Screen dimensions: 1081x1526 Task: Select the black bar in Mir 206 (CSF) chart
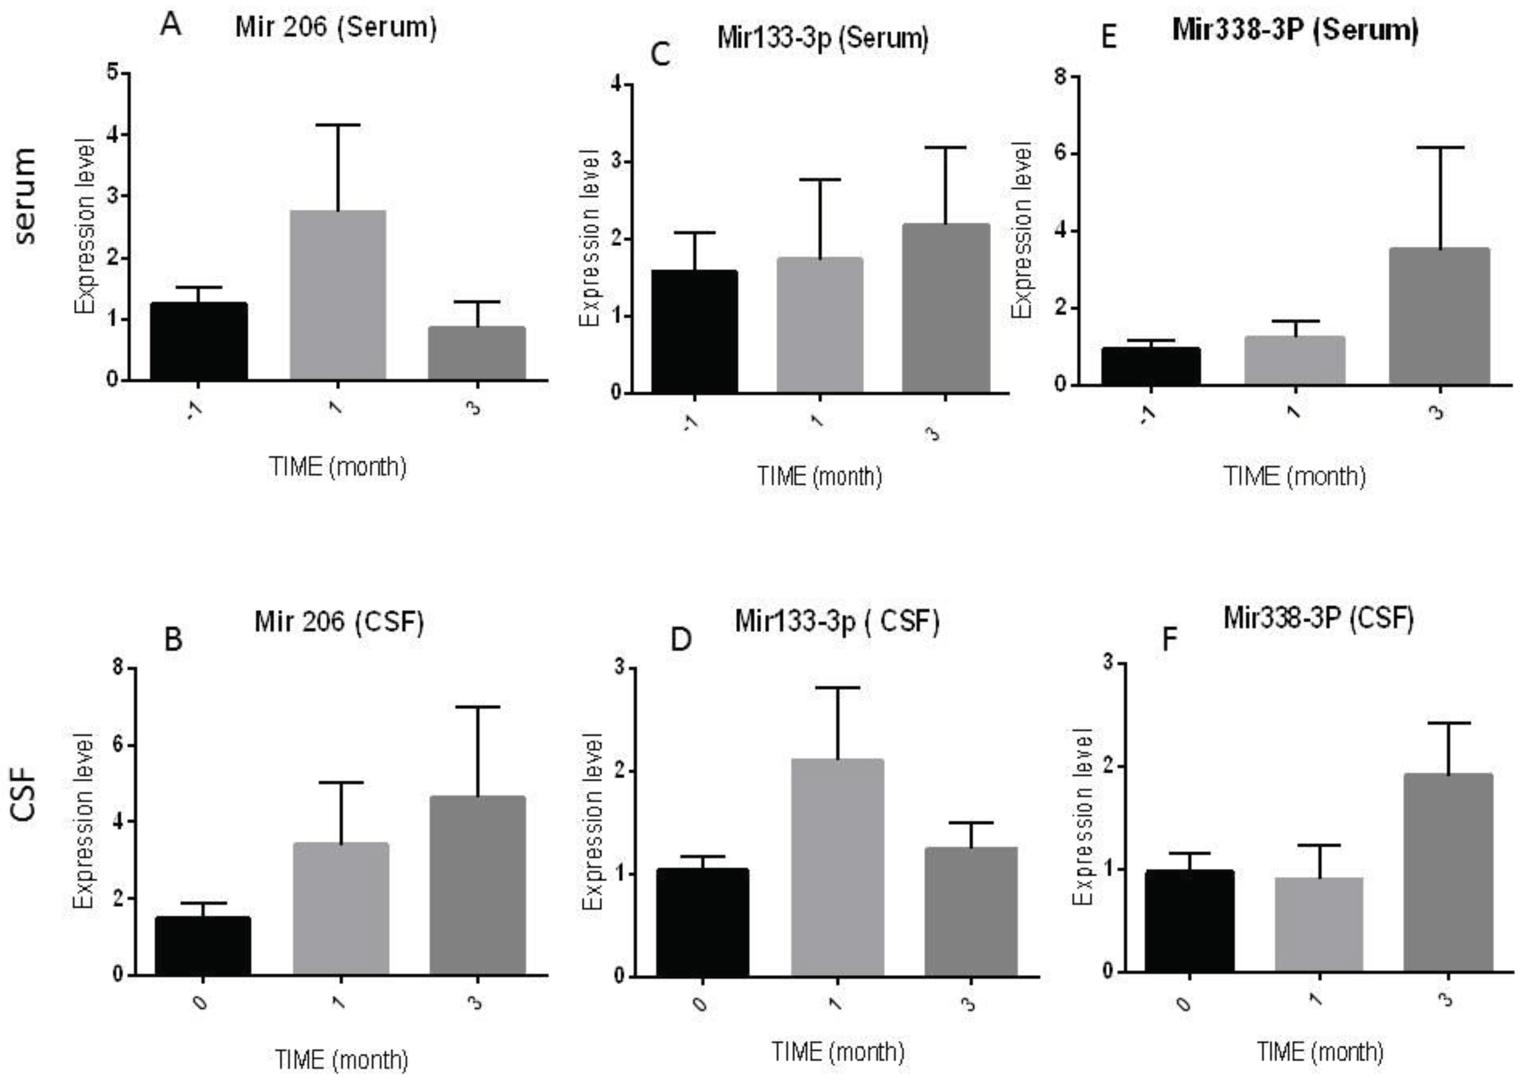click(202, 946)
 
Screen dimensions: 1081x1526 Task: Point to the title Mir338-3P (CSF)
click(1318, 618)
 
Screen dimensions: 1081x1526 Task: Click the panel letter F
click(1169, 640)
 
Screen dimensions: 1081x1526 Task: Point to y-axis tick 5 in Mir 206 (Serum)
click(113, 72)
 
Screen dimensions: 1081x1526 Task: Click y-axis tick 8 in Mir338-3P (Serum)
click(1061, 77)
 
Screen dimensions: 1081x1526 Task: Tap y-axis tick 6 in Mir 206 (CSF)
click(120, 744)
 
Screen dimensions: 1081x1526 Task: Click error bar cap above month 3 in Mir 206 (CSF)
click(477, 707)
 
